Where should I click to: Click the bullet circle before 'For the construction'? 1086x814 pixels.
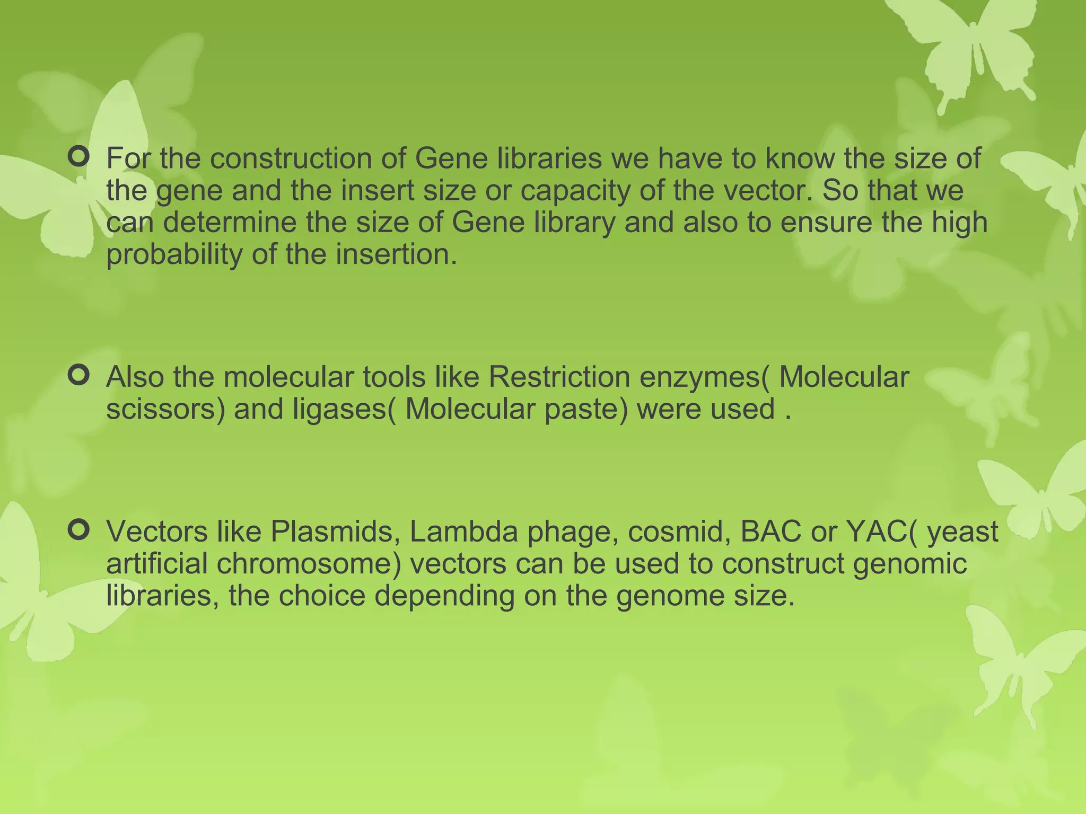tap(78, 157)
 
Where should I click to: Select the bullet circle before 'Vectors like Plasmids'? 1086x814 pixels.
tap(78, 530)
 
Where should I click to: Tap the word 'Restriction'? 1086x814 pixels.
tap(559, 377)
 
